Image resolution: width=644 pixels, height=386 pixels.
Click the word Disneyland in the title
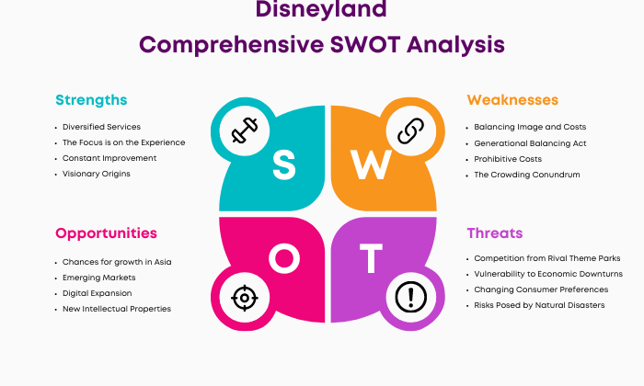321,9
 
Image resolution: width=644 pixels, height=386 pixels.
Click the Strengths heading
91,100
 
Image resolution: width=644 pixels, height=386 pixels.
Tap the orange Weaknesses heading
512,99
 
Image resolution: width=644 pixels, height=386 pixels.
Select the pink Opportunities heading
106,233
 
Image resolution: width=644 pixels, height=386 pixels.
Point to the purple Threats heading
495,233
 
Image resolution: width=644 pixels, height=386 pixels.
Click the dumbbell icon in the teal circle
245,131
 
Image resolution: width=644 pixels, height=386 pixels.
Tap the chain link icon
410,131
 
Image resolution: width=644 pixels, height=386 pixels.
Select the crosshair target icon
245,298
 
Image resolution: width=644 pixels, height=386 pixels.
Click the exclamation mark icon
410,297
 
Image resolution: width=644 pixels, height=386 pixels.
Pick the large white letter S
283,165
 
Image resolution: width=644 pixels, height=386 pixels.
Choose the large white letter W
371,165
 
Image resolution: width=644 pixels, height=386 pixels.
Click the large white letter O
284,258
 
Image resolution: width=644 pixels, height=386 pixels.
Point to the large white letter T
371,258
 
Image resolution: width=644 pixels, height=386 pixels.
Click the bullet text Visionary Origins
96,174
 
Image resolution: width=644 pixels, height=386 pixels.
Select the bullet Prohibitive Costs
508,159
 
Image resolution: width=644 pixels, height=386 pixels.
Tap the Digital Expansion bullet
97,293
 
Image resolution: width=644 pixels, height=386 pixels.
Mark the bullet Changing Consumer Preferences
541,289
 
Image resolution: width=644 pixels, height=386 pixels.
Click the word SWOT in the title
365,44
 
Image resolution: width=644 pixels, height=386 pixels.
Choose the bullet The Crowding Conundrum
527,175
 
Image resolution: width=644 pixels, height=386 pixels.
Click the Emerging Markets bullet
99,278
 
